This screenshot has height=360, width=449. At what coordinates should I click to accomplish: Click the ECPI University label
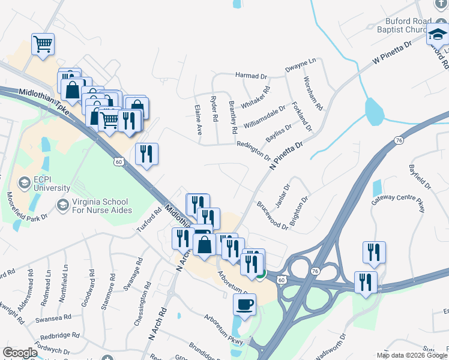pyautogui.click(x=52, y=182)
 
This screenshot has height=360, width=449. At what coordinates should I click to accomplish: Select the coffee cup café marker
pyautogui.click(x=244, y=304)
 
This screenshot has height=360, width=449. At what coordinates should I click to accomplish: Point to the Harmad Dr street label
pyautogui.click(x=251, y=76)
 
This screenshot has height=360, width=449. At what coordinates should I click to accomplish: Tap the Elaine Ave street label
pyautogui.click(x=199, y=120)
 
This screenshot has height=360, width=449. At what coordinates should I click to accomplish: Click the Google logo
pyautogui.click(x=20, y=353)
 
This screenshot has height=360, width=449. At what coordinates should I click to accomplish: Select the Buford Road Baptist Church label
pyautogui.click(x=408, y=26)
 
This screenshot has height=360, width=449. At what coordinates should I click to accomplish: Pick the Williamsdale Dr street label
pyautogui.click(x=264, y=117)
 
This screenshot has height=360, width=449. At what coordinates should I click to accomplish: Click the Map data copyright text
pyautogui.click(x=412, y=355)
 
